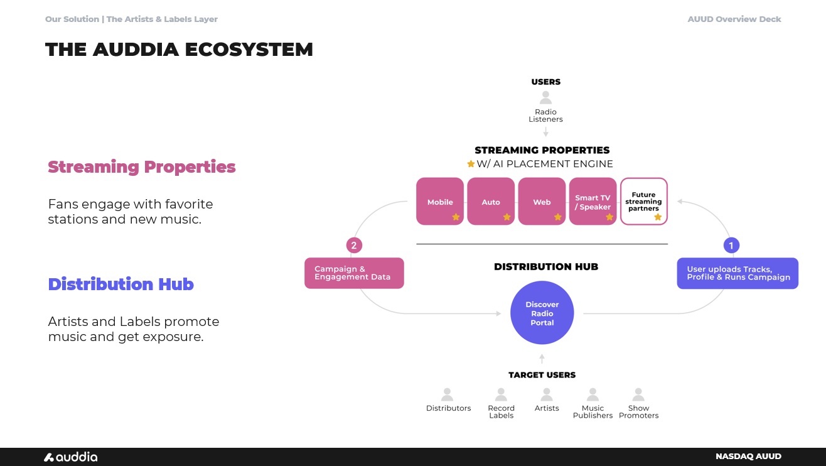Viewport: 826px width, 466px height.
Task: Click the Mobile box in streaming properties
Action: tap(440, 202)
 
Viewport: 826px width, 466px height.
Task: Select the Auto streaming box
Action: tap(491, 202)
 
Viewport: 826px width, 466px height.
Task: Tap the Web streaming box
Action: tap(542, 202)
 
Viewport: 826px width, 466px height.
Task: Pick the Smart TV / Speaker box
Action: tap(593, 202)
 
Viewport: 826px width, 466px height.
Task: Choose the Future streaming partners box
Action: tap(643, 202)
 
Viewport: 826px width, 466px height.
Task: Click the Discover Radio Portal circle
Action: tap(542, 313)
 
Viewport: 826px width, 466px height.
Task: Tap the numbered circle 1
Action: tap(731, 246)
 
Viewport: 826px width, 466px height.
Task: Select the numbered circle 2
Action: tap(354, 246)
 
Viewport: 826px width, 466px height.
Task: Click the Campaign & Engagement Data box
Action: tap(354, 273)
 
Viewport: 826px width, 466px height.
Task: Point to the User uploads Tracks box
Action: tap(737, 273)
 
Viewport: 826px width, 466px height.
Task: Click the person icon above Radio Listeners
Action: tap(546, 98)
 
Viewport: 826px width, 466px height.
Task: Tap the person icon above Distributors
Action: tap(448, 394)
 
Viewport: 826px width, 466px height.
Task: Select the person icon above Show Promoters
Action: tap(638, 394)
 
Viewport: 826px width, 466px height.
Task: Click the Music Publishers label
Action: tap(593, 411)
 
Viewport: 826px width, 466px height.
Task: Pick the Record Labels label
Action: tap(501, 411)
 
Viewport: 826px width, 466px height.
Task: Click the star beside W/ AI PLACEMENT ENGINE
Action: tap(471, 164)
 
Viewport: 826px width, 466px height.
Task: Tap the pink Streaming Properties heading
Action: tap(142, 167)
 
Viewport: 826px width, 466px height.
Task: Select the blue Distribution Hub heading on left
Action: tap(121, 284)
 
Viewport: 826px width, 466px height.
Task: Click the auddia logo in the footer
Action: tap(70, 457)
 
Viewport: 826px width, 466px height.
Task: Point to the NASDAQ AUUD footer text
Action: tap(748, 457)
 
